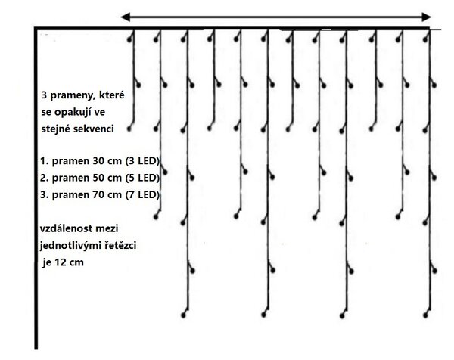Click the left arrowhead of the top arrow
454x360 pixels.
(x=125, y=17)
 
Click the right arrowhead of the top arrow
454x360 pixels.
(x=427, y=17)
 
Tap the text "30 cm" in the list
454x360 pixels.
(x=107, y=161)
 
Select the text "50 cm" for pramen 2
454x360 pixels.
(x=107, y=178)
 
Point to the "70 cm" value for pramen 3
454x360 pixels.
(x=107, y=194)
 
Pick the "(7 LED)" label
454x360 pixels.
(x=142, y=194)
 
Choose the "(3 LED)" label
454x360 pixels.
(x=142, y=161)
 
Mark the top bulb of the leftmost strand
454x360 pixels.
(x=129, y=39)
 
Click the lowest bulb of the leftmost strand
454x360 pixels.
(x=129, y=129)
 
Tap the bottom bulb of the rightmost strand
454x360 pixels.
(x=425, y=315)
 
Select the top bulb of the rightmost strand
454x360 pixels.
(x=425, y=39)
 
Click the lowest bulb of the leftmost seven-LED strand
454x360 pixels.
(x=183, y=315)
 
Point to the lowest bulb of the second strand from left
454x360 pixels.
(x=156, y=216)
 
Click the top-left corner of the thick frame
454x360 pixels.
(x=36, y=28)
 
